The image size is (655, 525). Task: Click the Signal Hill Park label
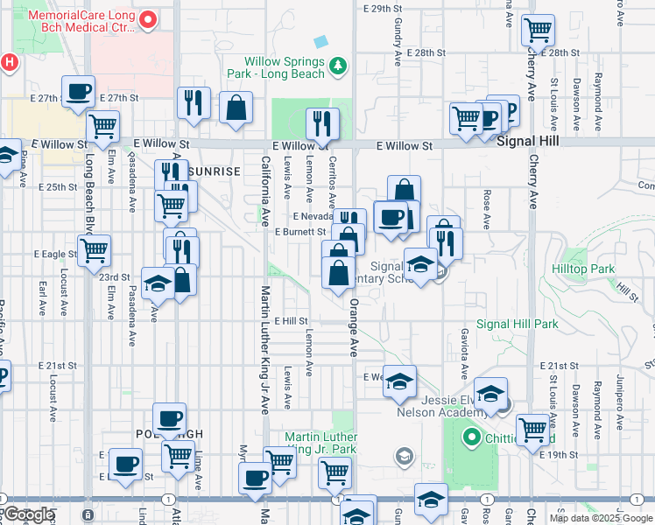tap(517, 324)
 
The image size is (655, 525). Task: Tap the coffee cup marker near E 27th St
tap(78, 92)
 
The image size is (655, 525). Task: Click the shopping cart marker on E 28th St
tap(538, 31)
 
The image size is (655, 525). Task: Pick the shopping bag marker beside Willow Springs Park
tap(237, 109)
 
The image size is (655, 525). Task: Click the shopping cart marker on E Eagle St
tap(95, 250)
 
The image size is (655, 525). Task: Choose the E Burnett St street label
tap(300, 232)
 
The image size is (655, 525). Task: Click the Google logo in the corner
tap(28, 515)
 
